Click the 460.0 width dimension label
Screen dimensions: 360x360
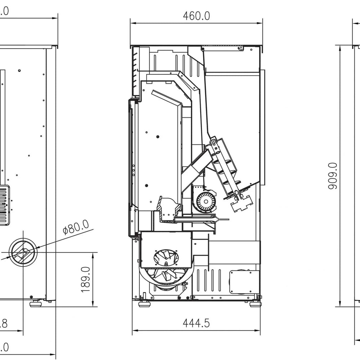pyautogui.click(x=196, y=16)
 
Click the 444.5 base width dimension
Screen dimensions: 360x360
pyautogui.click(x=196, y=323)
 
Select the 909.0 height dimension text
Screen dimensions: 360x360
pyautogui.click(x=333, y=176)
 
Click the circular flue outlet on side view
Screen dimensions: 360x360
pyautogui.click(x=23, y=252)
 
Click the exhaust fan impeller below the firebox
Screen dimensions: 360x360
pyautogui.click(x=166, y=257)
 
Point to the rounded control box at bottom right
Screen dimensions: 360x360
pyautogui.click(x=244, y=281)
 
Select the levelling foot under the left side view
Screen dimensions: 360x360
pyautogui.click(x=36, y=303)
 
